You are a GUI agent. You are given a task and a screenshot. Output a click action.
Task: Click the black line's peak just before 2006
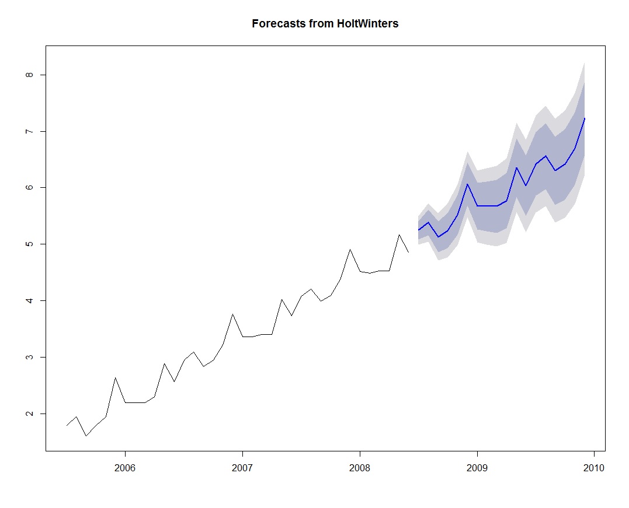(115, 378)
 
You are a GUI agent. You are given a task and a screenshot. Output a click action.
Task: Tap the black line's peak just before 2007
(232, 314)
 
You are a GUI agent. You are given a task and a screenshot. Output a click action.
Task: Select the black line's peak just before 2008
(350, 250)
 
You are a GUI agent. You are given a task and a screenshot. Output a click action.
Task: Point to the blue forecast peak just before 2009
(467, 184)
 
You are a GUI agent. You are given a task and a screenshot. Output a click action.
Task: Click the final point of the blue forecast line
(585, 118)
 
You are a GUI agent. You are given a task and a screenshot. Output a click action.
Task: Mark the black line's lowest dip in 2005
(86, 436)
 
